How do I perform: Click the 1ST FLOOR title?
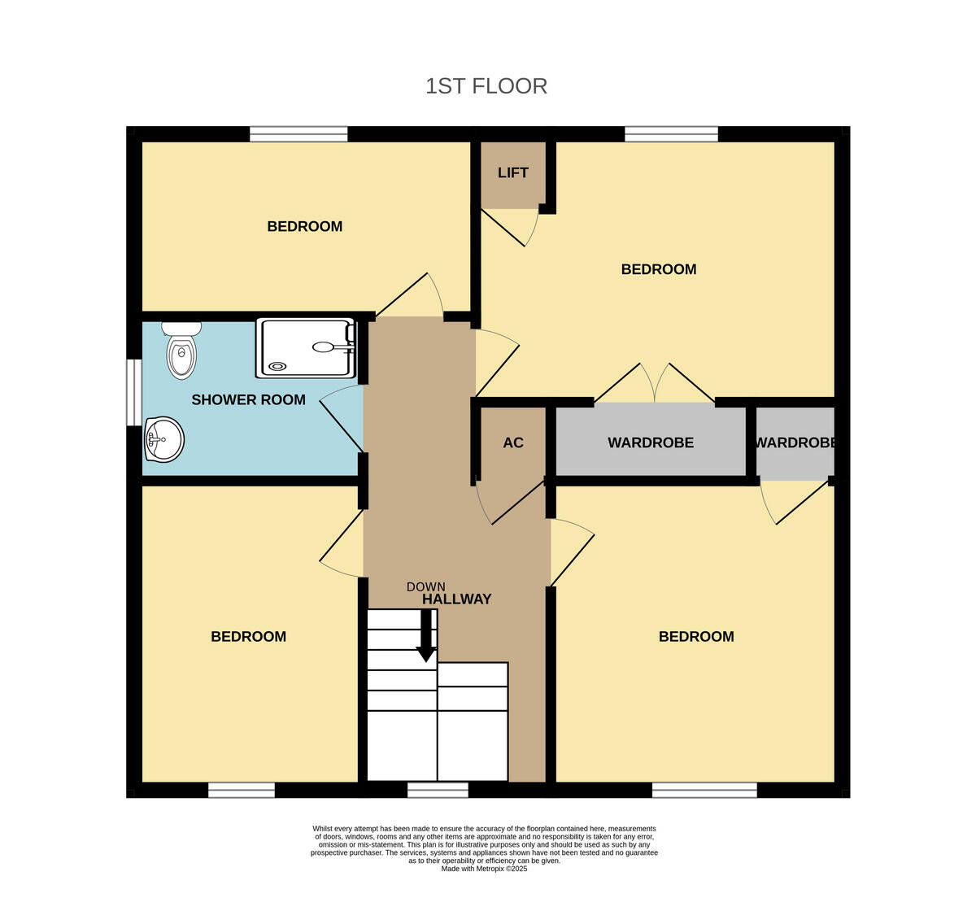(486, 86)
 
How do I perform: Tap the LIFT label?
(512, 172)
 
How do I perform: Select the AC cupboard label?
(513, 442)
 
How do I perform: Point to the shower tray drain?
(278, 366)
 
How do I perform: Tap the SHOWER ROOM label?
(248, 399)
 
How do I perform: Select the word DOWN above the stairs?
(425, 586)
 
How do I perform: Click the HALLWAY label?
(457, 599)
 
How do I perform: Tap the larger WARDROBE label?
(651, 442)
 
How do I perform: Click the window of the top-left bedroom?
(298, 134)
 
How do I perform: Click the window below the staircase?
(438, 790)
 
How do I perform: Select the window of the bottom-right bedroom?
(704, 790)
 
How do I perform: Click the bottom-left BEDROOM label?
(248, 636)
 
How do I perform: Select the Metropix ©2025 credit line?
(485, 869)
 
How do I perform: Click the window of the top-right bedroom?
(671, 134)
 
